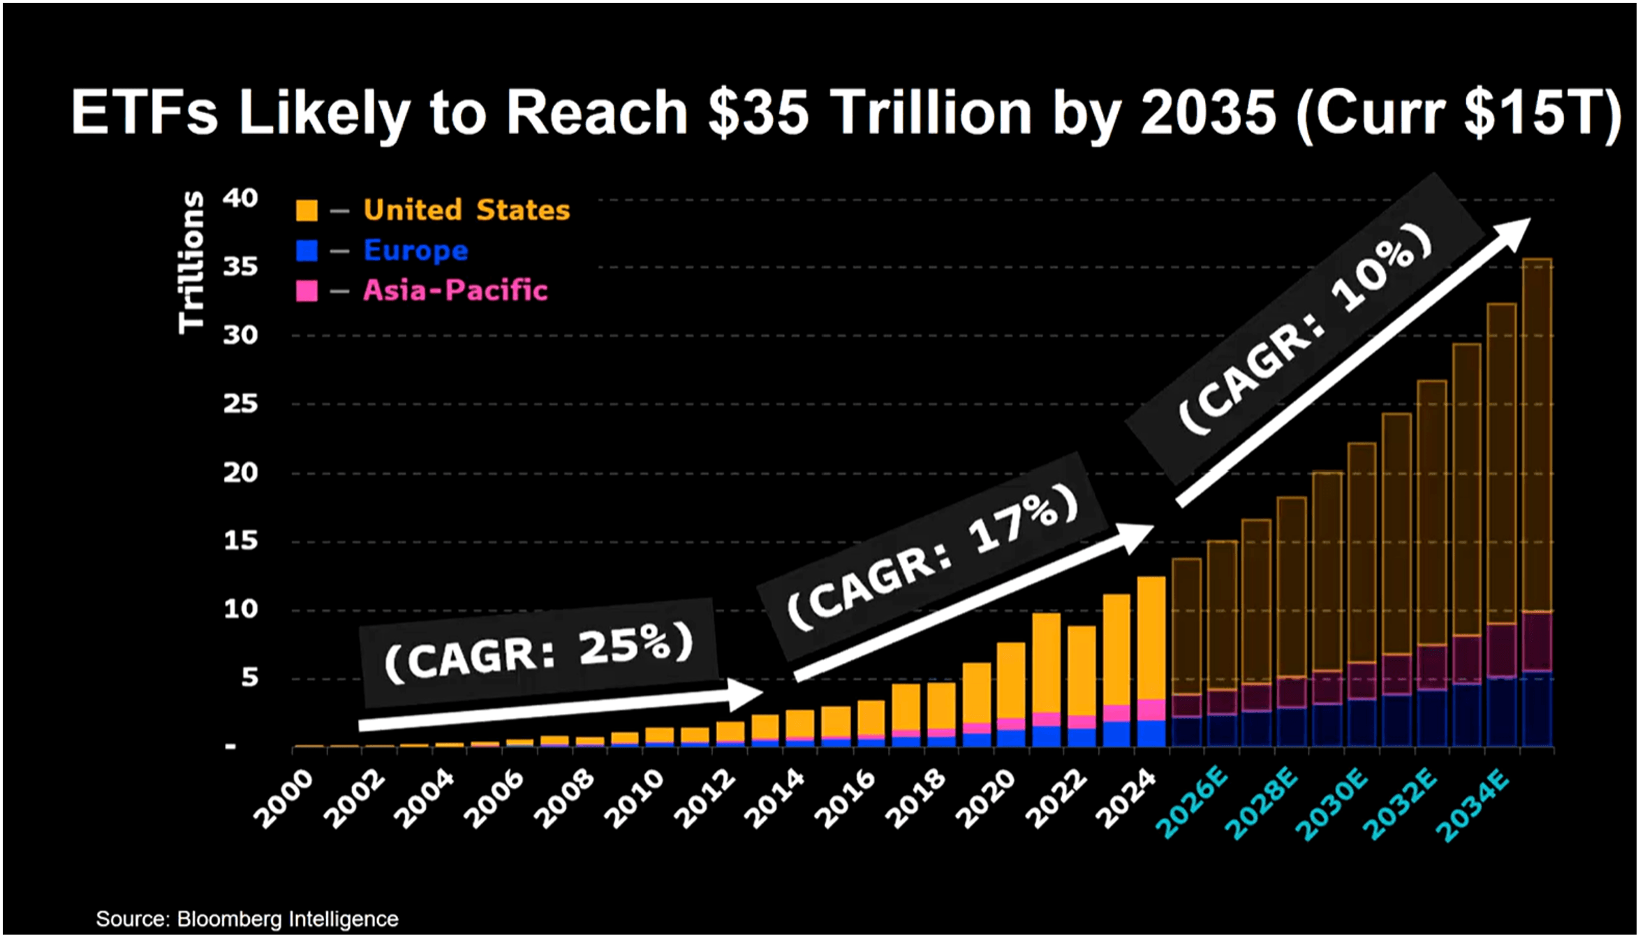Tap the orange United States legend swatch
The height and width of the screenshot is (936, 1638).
[x=307, y=210]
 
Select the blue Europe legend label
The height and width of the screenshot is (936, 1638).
[x=415, y=250]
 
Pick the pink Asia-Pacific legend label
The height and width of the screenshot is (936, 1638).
[x=455, y=290]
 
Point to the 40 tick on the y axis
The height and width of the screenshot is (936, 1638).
[x=240, y=198]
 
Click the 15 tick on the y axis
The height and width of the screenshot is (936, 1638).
[x=240, y=541]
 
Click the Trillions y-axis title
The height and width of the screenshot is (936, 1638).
[x=191, y=263]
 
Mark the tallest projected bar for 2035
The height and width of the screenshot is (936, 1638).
[x=1536, y=433]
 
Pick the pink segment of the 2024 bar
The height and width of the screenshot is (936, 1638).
[x=1151, y=710]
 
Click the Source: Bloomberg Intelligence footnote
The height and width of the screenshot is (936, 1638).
[x=247, y=919]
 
